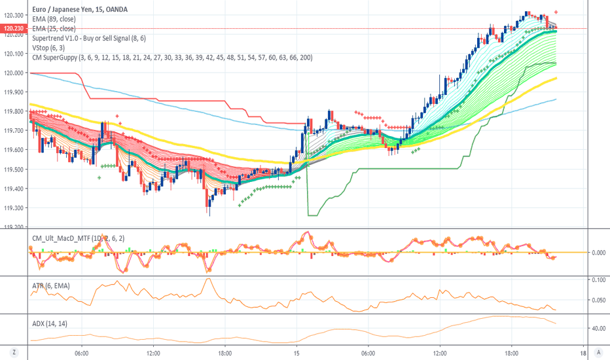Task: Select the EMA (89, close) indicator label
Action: click(54, 20)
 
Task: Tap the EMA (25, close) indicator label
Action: click(54, 29)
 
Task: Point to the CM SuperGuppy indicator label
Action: click(171, 58)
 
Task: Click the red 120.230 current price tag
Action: click(14, 29)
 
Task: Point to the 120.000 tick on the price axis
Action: click(14, 73)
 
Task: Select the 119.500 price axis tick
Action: click(14, 170)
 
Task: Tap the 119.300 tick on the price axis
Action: click(14, 208)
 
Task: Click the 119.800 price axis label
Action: click(14, 112)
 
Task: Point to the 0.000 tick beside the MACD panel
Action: click(598, 252)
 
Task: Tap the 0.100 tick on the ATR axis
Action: click(598, 279)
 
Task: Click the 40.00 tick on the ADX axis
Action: click(598, 329)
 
